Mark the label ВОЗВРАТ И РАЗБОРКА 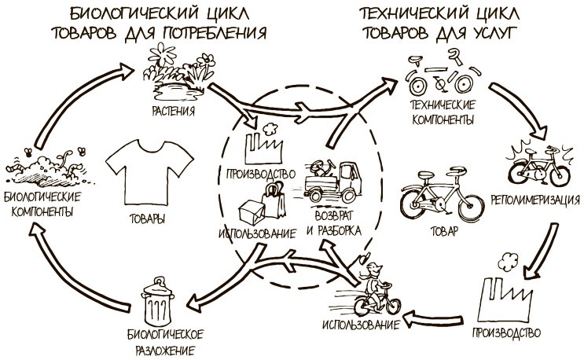(x=333, y=223)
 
